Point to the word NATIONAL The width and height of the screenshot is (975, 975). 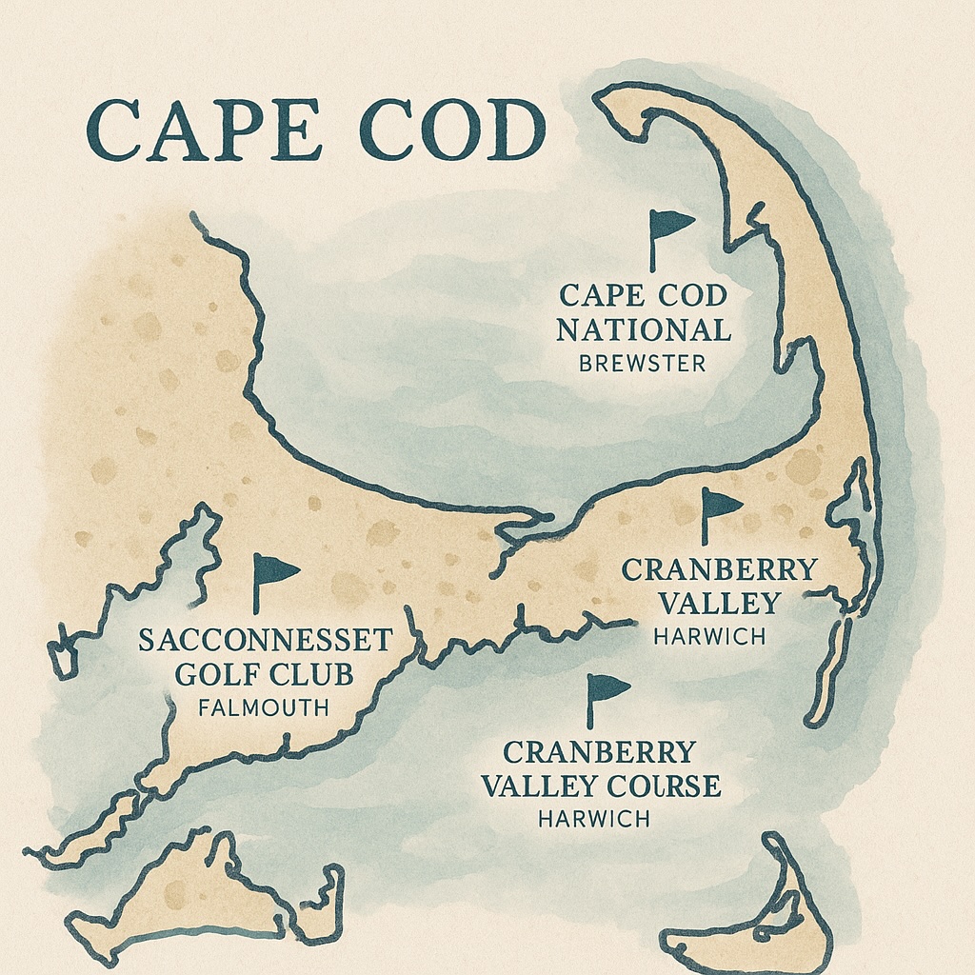click(644, 330)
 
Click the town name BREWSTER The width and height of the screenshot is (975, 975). click(644, 364)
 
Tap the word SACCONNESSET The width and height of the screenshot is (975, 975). click(265, 640)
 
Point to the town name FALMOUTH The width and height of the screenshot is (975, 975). click(264, 708)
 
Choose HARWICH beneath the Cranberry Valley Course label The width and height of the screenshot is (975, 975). click(594, 818)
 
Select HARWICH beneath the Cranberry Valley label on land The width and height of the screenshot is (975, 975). click(709, 637)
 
